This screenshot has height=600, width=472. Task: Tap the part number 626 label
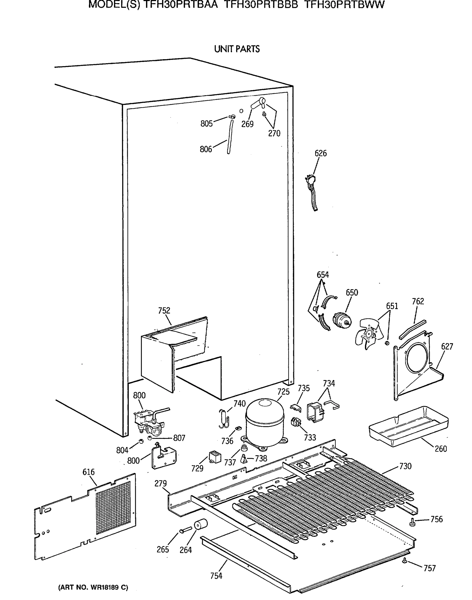pos(320,153)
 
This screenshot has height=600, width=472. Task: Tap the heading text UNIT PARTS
pos(237,49)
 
